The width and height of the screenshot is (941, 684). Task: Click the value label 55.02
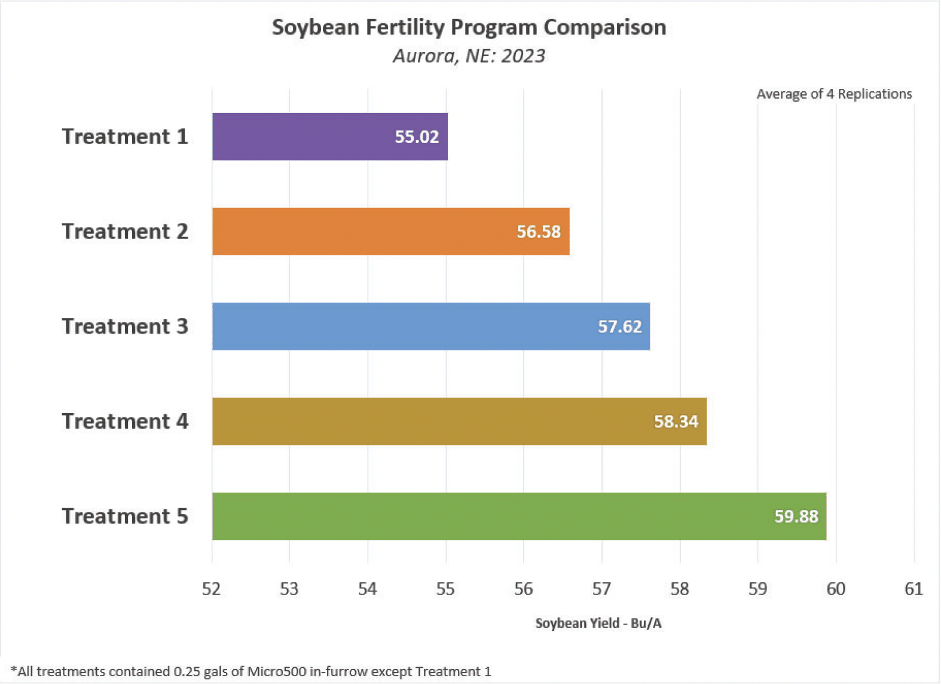coord(417,137)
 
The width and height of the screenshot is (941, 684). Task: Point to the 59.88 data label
coord(796,517)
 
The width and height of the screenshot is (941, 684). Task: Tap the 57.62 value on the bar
coord(619,326)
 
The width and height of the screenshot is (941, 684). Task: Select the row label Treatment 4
coord(125,422)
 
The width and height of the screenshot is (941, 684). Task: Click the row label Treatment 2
coord(125,231)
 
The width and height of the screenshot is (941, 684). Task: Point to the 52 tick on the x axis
coord(212,589)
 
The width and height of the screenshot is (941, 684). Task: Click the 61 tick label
coord(913,589)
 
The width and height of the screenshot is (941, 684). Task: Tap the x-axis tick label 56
coord(524,589)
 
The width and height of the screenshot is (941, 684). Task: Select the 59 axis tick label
coord(757,589)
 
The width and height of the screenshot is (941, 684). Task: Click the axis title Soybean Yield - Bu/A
coord(598,623)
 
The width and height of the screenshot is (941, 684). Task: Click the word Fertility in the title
coord(402,28)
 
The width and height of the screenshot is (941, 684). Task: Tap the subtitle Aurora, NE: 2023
coord(469,56)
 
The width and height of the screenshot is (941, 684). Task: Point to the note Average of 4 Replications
coord(834,94)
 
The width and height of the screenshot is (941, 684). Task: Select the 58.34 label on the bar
coord(676,422)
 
